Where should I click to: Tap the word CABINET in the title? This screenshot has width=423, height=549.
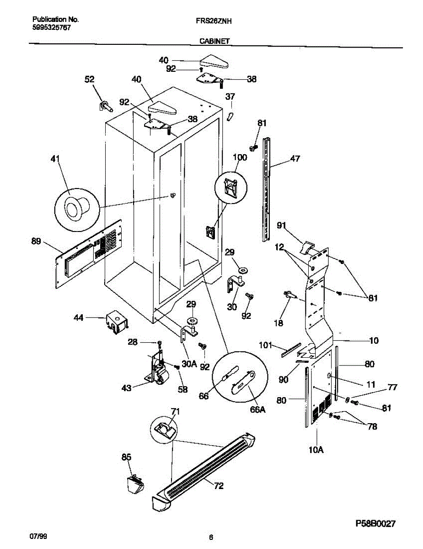coord(214,41)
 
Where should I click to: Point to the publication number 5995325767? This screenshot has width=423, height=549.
coord(51,27)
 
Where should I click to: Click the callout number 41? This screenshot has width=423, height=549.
coord(55,159)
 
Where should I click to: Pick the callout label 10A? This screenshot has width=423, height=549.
coord(316,450)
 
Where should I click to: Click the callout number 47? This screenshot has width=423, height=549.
coord(295,159)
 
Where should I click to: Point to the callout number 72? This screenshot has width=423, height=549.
coord(219,486)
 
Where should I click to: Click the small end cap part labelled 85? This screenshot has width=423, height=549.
coord(134,484)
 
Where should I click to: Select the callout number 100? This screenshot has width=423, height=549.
coord(240,158)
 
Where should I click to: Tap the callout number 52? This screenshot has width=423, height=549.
coord(89,80)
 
